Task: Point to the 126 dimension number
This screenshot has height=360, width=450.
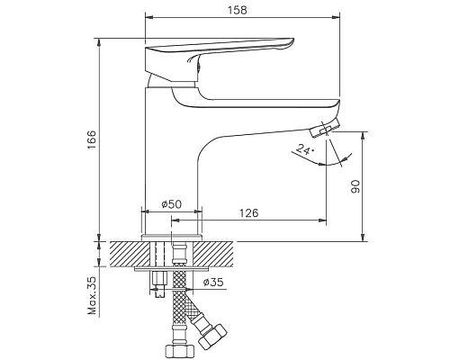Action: coord(249,212)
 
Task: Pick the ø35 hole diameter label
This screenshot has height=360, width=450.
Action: coord(213,283)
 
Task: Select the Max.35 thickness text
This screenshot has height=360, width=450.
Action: coord(91,293)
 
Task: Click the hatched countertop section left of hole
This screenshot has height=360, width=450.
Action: coord(126,252)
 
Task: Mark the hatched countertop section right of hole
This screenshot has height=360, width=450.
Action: coord(225,252)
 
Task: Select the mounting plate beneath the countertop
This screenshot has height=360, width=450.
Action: coord(175,267)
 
